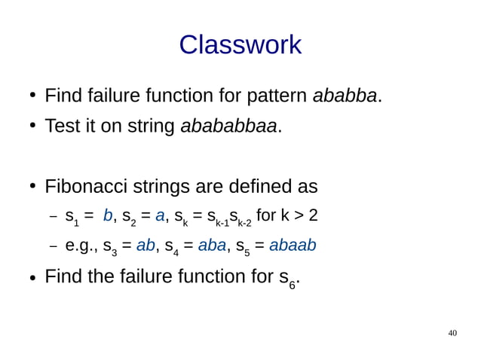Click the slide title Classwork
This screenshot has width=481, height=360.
(240, 45)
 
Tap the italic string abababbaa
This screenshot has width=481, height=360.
(228, 126)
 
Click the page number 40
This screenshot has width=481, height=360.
(452, 333)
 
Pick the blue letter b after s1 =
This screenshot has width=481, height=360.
(108, 216)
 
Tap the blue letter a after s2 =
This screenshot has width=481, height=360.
(160, 216)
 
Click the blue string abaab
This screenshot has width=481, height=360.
(293, 246)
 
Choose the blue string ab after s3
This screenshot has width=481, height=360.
(146, 246)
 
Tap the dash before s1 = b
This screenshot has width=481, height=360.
(54, 217)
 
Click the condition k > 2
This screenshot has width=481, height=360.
(299, 216)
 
